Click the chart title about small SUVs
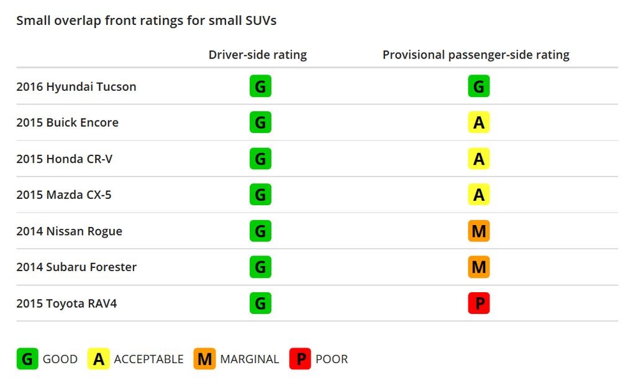tap(146, 21)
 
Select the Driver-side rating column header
tap(258, 55)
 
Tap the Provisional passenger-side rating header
tap(476, 55)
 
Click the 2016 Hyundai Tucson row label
tap(76, 86)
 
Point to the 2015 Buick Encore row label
tap(67, 122)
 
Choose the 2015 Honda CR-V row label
tap(65, 159)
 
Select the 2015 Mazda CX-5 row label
tap(64, 195)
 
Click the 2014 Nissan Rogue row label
tap(69, 231)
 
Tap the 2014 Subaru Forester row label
tap(76, 267)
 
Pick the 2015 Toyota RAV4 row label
tap(66, 303)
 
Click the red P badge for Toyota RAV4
tap(479, 303)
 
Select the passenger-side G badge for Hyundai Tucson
tap(479, 86)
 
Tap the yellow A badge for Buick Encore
tap(479, 122)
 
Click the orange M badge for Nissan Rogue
tap(479, 231)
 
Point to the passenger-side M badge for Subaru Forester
tap(479, 267)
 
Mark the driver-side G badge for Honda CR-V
tap(260, 159)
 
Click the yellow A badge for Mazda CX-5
tap(479, 195)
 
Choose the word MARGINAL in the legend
tap(250, 359)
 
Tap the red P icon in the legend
tap(300, 359)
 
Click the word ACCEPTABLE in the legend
tap(148, 359)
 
